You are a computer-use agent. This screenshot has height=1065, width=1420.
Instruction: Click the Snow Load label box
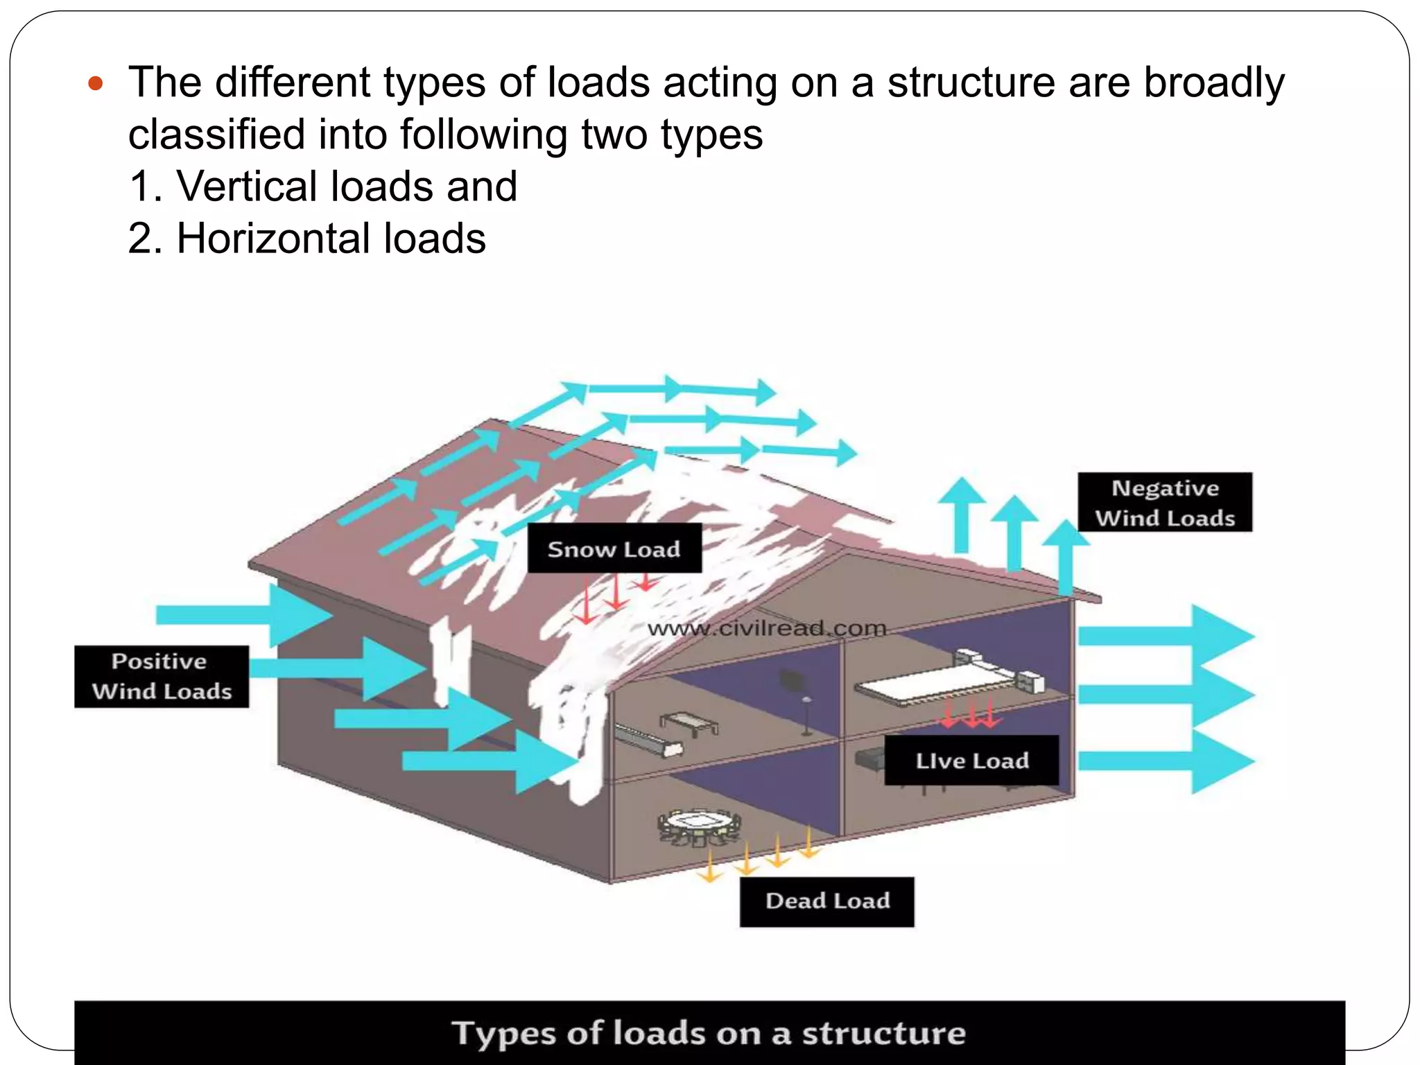pos(614,548)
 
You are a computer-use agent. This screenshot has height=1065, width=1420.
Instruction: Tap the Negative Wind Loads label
pos(1165,503)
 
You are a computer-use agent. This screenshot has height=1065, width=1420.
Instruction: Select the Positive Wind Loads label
pos(162,676)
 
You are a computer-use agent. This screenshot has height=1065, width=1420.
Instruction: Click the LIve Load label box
pos(971,761)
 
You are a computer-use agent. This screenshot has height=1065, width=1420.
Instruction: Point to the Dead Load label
pos(826,901)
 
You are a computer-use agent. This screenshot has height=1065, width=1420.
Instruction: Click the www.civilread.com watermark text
pos(767,629)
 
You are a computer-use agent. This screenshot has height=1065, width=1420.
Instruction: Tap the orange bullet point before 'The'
pos(96,85)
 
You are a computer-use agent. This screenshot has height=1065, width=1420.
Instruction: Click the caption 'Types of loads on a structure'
pos(709,1033)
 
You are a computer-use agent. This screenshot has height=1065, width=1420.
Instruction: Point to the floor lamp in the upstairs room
pos(806,714)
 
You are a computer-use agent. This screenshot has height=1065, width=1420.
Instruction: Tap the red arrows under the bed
pos(971,714)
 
